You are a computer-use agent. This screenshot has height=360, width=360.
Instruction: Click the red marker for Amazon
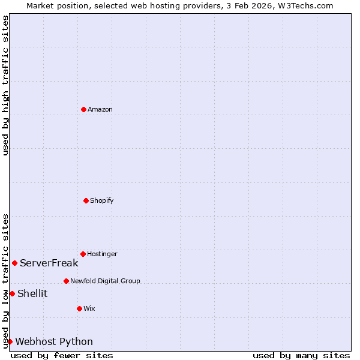[83, 109]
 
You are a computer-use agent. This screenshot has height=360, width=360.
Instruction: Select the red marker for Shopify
[86, 200]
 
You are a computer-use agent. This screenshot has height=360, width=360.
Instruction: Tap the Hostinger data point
[83, 254]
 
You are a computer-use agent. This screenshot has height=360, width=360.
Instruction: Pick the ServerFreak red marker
[14, 263]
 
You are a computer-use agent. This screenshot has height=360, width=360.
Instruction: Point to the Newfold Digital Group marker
[66, 281]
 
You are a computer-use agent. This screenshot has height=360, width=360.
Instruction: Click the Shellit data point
[12, 293]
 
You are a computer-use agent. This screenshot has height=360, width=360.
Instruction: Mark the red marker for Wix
[79, 308]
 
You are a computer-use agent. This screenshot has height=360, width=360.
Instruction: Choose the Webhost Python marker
[10, 341]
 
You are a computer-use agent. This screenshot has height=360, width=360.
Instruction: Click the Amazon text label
[100, 109]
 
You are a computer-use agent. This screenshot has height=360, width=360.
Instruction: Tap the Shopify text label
[102, 200]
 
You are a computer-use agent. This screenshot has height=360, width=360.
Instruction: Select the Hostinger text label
[102, 254]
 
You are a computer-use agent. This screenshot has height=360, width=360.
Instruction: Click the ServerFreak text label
[49, 263]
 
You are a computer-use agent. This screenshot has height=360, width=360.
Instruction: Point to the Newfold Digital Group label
[105, 281]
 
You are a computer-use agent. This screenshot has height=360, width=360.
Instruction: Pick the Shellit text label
[32, 293]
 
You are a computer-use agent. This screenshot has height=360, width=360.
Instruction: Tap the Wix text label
[89, 308]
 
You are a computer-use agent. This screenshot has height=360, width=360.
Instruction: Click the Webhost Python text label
[54, 341]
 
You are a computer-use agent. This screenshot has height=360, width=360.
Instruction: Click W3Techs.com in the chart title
[307, 5]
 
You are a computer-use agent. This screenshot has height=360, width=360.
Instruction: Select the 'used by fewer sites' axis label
[62, 355]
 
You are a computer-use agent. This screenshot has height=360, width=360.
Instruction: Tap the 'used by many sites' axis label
[301, 355]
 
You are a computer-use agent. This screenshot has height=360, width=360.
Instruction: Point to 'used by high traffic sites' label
[5, 85]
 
